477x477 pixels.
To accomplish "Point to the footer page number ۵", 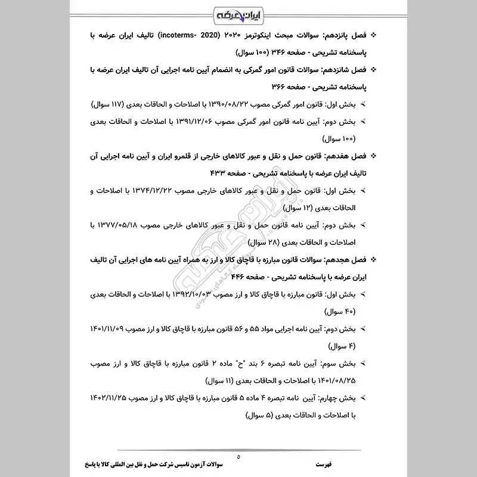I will [238, 457].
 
